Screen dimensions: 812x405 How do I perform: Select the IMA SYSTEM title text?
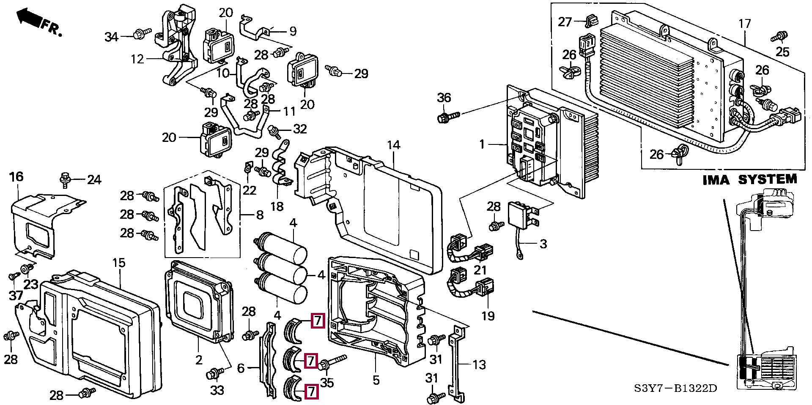click(x=749, y=180)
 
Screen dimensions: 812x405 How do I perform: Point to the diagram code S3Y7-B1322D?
click(x=675, y=388)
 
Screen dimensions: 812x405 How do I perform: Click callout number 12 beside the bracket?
click(x=137, y=59)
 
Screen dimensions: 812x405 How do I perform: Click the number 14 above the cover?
click(x=393, y=145)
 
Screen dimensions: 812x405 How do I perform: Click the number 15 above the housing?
click(x=119, y=263)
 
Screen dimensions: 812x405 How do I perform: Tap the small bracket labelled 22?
click(x=248, y=169)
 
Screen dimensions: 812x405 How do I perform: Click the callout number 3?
click(x=543, y=244)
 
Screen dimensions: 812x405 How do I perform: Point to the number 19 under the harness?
click(x=488, y=316)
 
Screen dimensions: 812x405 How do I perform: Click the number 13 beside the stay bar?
click(x=479, y=364)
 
